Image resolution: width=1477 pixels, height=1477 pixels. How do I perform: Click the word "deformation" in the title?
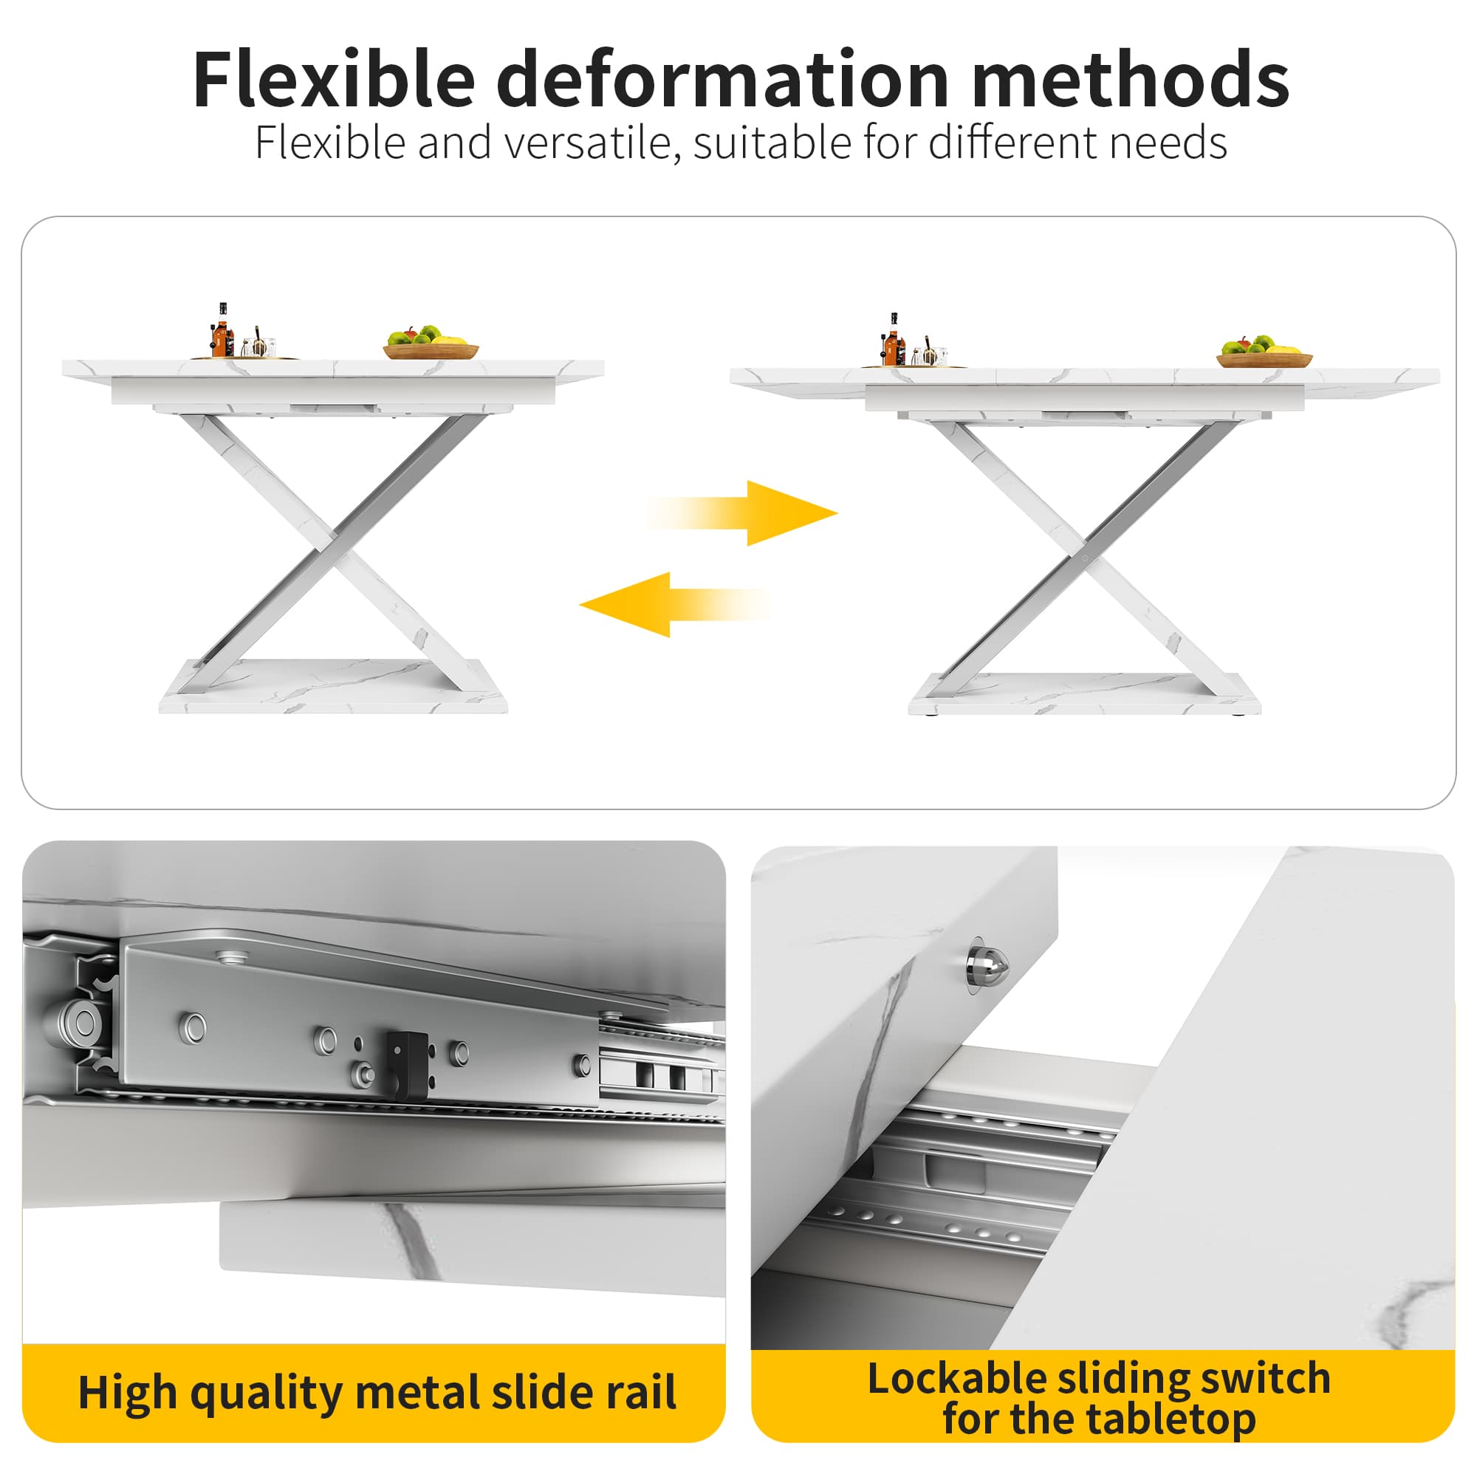[x=722, y=80]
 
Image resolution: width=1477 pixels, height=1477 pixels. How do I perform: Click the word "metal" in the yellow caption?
[x=417, y=1392]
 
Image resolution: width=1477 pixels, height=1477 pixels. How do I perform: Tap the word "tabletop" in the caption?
[x=1170, y=1420]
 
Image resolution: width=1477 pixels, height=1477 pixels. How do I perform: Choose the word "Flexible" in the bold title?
[x=334, y=80]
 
